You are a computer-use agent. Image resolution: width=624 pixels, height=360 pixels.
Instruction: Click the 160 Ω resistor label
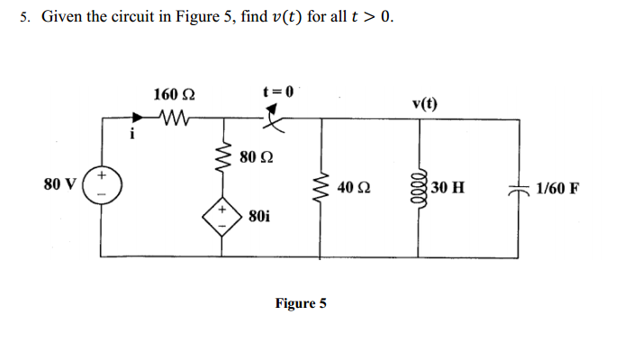point(172,94)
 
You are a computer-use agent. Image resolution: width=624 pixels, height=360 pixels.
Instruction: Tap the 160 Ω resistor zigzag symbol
point(172,116)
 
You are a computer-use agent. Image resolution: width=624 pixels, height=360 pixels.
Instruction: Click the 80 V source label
point(59,184)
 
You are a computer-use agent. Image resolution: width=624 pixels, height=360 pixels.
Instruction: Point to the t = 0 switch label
point(277,91)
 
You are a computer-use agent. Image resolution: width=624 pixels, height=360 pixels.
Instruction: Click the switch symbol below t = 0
point(274,119)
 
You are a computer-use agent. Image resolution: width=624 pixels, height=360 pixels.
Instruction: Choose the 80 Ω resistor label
point(257,158)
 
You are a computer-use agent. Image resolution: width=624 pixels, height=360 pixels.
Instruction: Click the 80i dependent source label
point(258,217)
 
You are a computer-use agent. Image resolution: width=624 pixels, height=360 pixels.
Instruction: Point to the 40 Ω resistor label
point(352,188)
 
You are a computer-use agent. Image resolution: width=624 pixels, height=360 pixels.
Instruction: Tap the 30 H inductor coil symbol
point(418,187)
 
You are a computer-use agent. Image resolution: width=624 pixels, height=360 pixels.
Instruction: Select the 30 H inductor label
point(448,188)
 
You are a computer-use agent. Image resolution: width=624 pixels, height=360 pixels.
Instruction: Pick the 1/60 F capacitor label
point(556,189)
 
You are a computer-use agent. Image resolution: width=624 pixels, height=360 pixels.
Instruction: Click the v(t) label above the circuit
point(425,103)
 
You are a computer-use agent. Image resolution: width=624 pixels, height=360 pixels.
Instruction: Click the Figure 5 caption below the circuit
point(301,303)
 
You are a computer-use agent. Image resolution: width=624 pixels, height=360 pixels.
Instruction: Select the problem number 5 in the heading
point(23,18)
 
